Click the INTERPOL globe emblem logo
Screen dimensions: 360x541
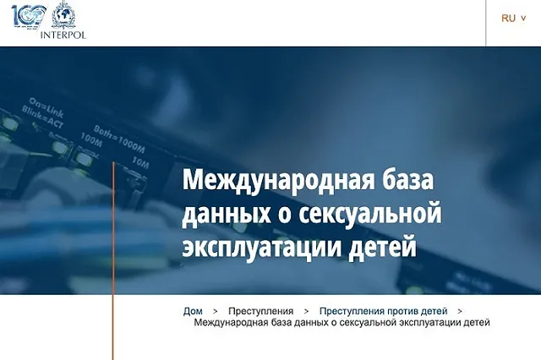(63, 16)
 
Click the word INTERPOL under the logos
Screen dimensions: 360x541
(63, 35)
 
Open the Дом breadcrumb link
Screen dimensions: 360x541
(193, 311)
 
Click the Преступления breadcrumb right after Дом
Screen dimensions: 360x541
(260, 311)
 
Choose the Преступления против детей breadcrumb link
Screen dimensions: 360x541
(389, 311)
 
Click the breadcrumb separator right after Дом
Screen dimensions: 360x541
(216, 311)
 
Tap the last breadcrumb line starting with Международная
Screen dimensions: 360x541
(342, 322)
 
